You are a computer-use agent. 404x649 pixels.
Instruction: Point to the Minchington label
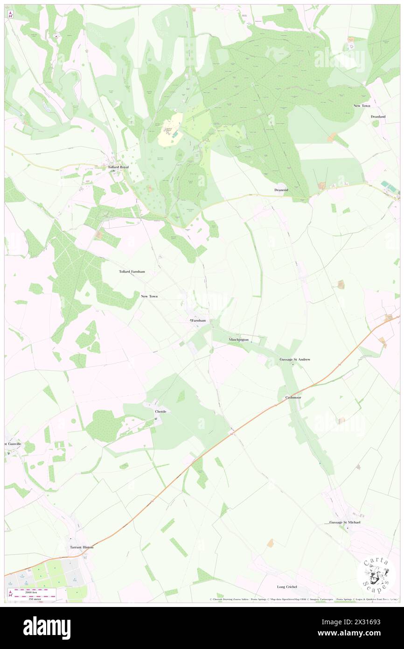[238, 339]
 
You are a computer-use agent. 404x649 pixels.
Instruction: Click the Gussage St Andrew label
[295, 360]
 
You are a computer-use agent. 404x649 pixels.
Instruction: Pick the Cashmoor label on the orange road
[293, 397]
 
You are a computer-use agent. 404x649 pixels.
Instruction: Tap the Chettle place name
[160, 411]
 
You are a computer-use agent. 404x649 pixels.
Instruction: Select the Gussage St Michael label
[345, 522]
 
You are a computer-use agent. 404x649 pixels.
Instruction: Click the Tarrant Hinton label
[82, 547]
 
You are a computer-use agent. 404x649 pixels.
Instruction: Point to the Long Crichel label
[287, 587]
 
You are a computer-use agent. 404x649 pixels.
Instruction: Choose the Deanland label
[378, 116]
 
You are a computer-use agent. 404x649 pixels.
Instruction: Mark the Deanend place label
[283, 190]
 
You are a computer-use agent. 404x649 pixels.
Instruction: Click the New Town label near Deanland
[362, 106]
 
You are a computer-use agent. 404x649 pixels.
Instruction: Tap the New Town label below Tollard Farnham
[149, 296]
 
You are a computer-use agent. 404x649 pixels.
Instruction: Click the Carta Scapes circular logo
[376, 576]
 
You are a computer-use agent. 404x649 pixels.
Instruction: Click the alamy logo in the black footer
[47, 627]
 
